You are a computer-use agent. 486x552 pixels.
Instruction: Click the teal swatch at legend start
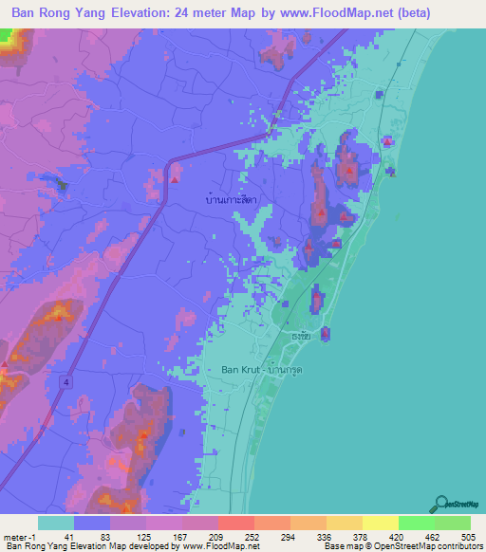click(x=56, y=523)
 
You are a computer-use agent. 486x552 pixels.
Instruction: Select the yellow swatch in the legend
click(x=380, y=523)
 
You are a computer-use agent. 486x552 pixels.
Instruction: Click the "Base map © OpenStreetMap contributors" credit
click(x=402, y=546)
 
